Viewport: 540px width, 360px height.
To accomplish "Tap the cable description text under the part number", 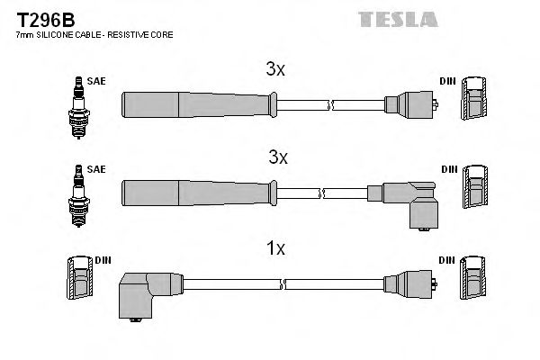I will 94,35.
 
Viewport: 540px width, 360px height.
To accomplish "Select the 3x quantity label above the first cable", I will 275,68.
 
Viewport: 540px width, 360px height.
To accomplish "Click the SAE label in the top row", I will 97,81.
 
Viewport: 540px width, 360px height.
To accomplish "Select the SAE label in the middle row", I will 97,169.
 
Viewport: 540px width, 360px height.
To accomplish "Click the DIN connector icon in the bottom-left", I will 80,280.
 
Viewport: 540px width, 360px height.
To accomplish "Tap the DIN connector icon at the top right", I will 474,99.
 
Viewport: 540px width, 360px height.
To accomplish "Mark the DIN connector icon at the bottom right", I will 474,280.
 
